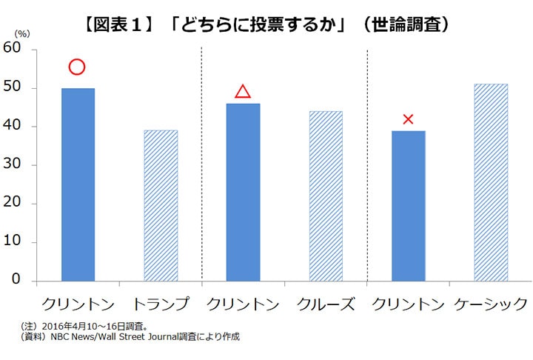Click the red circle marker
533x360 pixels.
coord(77,67)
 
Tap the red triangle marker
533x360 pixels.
coord(243,92)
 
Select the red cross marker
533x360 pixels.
coord(408,119)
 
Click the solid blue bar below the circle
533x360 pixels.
coord(78,184)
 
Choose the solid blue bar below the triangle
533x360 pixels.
coord(243,193)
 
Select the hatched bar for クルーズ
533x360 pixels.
coord(326,196)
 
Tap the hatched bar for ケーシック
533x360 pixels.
coord(491,182)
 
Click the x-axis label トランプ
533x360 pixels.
coord(160,304)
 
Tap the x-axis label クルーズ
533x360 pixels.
coord(326,304)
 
